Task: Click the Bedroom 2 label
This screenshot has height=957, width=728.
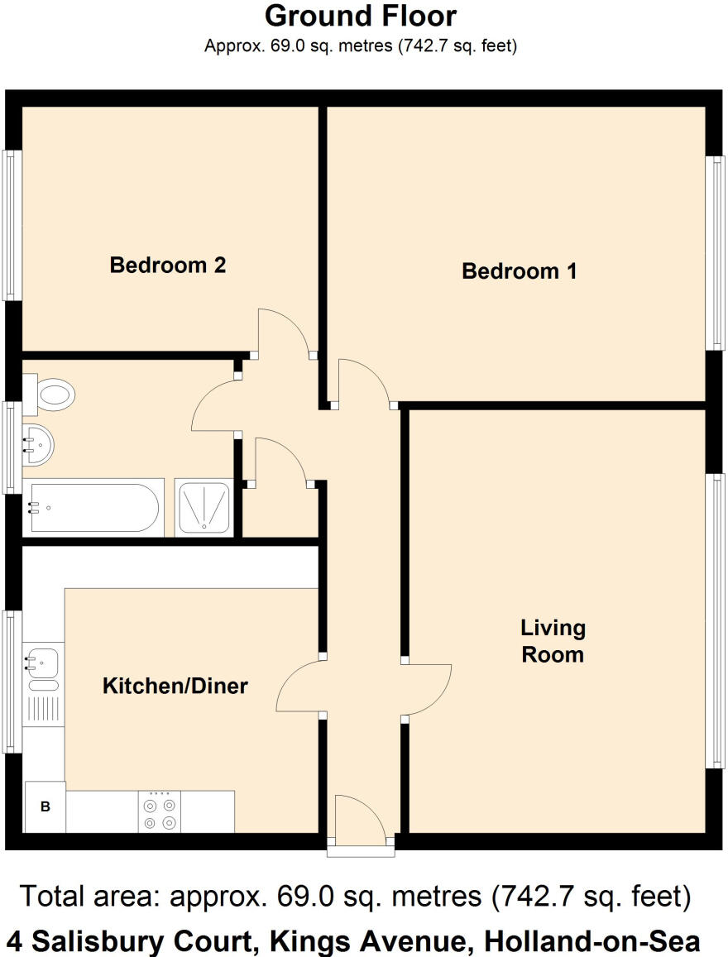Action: click(168, 266)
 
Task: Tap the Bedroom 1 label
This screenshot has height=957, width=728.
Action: click(519, 270)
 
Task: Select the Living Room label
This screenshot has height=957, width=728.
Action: click(553, 641)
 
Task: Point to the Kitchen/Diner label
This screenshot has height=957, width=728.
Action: click(175, 686)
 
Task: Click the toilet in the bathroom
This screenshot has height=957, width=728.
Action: click(51, 393)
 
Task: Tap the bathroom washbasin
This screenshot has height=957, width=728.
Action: click(38, 445)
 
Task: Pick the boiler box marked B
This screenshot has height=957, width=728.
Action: click(45, 806)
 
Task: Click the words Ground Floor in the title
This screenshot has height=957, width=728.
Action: click(360, 16)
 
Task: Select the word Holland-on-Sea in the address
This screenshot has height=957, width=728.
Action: click(591, 940)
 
